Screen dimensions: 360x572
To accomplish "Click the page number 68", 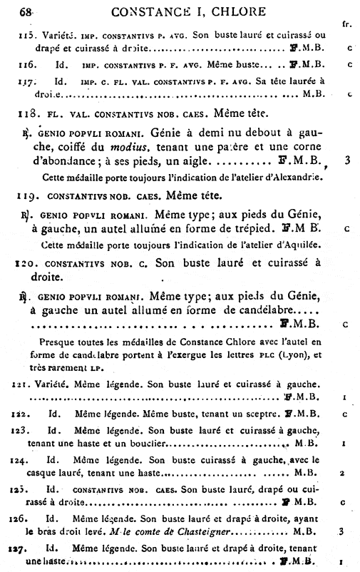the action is pyautogui.click(x=29, y=11).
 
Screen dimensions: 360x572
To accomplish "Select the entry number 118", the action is pyautogui.click(x=29, y=113).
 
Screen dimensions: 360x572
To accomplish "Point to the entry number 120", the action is pyautogui.click(x=27, y=262).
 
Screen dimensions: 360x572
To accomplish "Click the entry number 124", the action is pyautogui.click(x=26, y=461).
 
